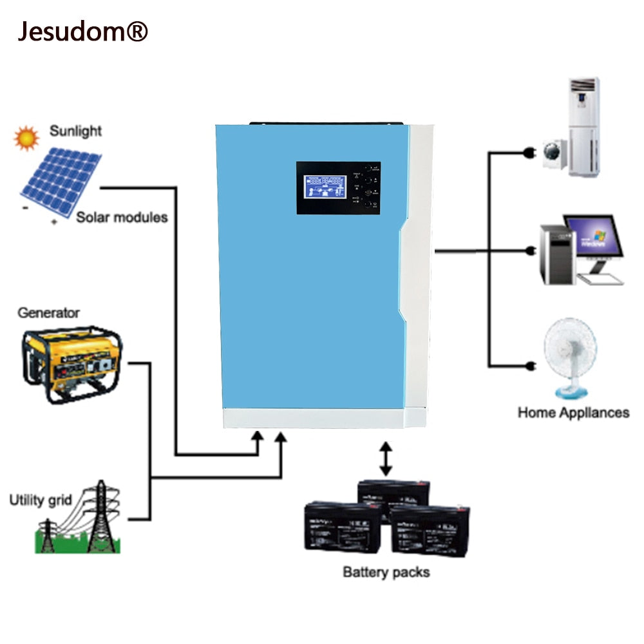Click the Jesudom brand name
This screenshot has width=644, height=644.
click(x=82, y=31)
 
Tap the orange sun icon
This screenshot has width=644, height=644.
click(x=26, y=138)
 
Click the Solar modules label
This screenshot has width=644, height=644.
click(x=122, y=217)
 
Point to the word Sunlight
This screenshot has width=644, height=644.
click(x=75, y=131)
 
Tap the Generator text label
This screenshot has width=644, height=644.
click(x=48, y=313)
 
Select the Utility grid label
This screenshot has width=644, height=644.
click(x=41, y=500)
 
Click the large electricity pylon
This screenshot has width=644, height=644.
click(x=100, y=519)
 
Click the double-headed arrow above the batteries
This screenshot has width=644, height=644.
click(x=385, y=459)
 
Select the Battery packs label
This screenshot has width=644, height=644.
click(x=386, y=571)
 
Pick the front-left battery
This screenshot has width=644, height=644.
click(x=342, y=526)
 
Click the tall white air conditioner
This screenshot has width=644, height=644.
click(x=583, y=127)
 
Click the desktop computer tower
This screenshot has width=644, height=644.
click(x=556, y=255)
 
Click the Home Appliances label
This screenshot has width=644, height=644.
click(x=573, y=412)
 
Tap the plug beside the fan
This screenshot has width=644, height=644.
click(x=532, y=366)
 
